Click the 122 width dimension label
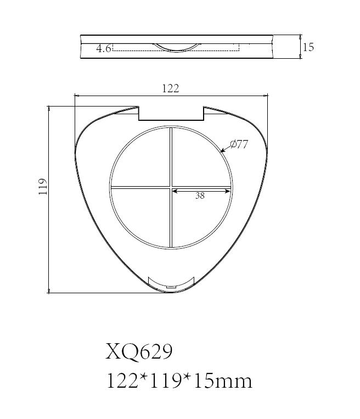(x=171, y=88)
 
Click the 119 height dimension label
(x=43, y=187)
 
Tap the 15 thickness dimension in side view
(x=308, y=47)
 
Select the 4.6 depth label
(x=103, y=49)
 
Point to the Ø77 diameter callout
(x=239, y=144)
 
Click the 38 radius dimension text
(x=200, y=196)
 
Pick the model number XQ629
(x=139, y=352)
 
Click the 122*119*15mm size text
(x=179, y=381)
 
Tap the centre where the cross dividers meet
(x=171, y=187)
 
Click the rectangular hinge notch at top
(x=171, y=114)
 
